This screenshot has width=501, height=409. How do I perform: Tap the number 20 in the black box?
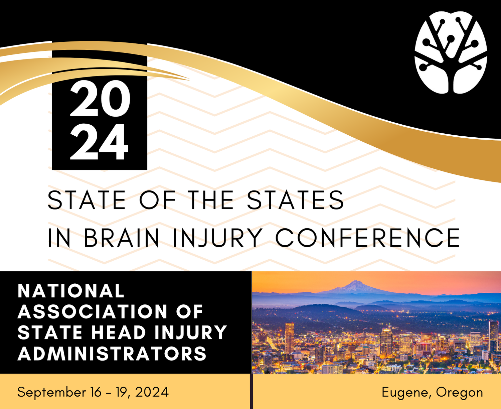point(100,99)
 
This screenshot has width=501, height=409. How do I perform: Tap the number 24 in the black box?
point(99,142)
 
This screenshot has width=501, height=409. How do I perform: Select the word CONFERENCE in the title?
point(367,238)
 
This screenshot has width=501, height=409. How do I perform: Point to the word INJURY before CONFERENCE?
point(217,238)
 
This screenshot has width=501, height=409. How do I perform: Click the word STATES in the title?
point(295,200)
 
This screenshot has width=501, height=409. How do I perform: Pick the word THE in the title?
point(210,200)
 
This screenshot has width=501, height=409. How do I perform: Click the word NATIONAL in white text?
point(71,291)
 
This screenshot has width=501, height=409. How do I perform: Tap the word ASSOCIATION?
point(93,311)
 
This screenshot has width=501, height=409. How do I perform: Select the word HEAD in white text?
point(119,332)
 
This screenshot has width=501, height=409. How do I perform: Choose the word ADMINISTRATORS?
point(112,354)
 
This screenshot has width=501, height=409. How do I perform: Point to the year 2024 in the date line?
point(152,392)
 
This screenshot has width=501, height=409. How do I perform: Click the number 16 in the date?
point(96,392)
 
